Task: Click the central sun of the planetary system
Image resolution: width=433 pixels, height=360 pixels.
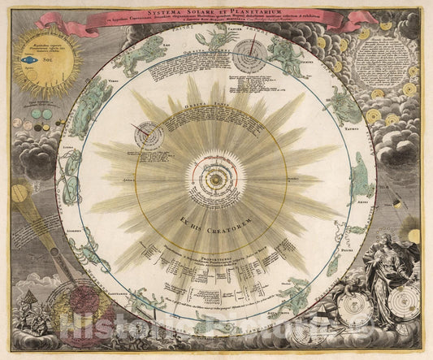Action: (x=217, y=171)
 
